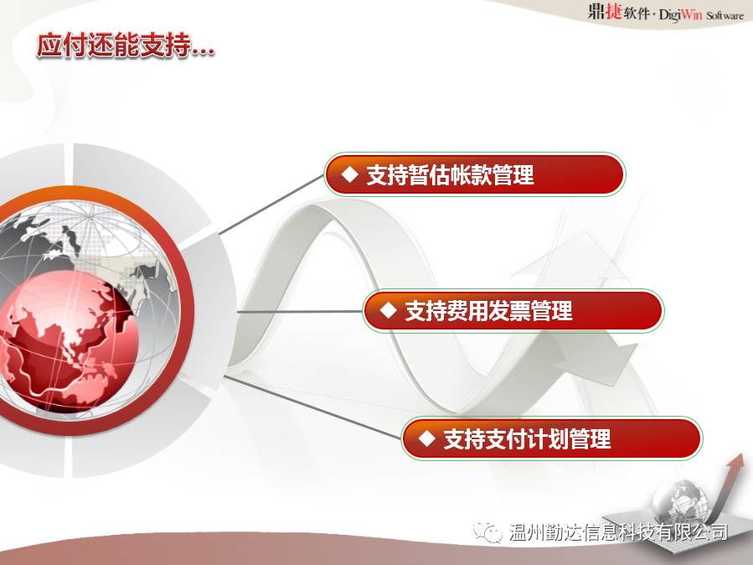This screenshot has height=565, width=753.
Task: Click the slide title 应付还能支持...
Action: (x=113, y=47)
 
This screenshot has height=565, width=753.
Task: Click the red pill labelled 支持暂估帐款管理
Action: (x=474, y=174)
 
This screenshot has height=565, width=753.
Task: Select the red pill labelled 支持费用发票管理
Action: (x=513, y=311)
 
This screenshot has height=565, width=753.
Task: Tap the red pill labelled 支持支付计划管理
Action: (x=551, y=438)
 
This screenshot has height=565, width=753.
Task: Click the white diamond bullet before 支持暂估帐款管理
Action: (x=349, y=174)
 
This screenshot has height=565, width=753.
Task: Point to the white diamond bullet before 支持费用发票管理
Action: (x=388, y=311)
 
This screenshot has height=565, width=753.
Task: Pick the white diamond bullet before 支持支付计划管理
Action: (x=426, y=438)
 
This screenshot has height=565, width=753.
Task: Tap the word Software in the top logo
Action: (x=725, y=15)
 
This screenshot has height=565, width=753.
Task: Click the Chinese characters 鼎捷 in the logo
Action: (x=605, y=11)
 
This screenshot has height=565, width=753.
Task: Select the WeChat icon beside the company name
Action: (x=487, y=531)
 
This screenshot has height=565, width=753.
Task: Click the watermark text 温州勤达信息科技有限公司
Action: (x=618, y=531)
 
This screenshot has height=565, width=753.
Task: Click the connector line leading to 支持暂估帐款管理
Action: (x=271, y=205)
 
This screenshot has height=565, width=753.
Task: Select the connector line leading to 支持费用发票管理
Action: (x=300, y=312)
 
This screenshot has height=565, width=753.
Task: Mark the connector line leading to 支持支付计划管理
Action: (x=312, y=407)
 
